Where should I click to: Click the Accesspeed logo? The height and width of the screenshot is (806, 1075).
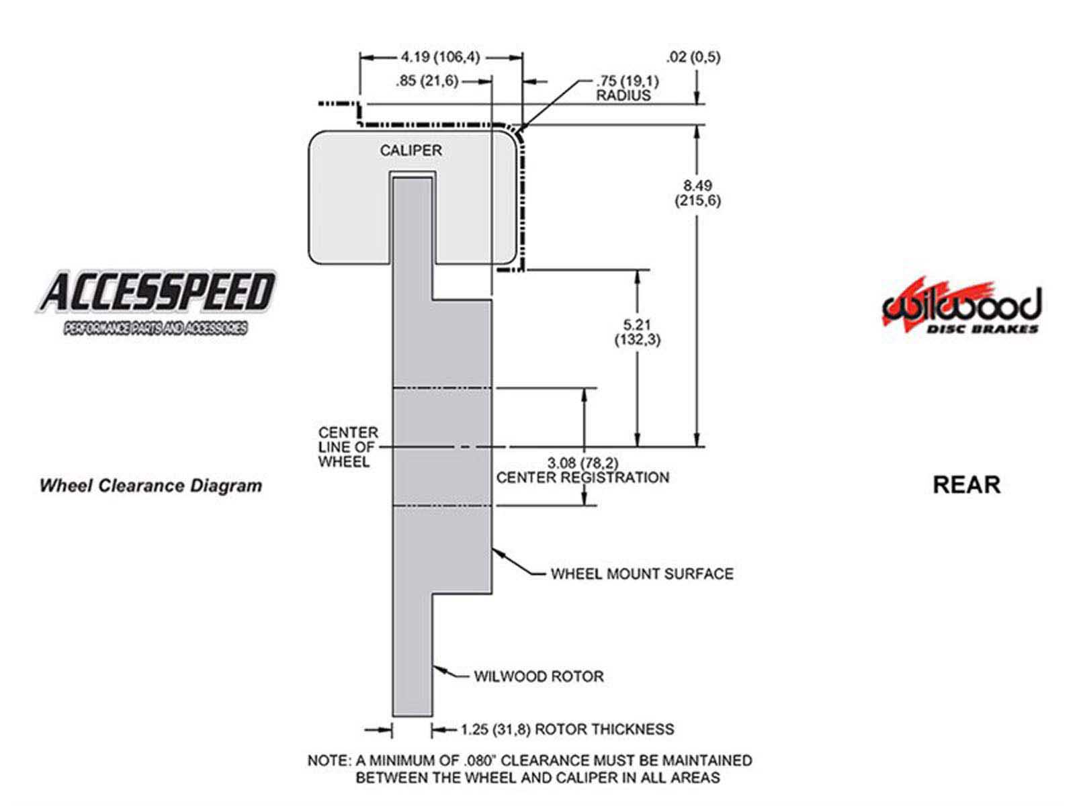click(x=156, y=301)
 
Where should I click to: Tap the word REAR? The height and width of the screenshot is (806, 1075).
click(x=966, y=484)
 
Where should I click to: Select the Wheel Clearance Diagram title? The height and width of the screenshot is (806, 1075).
click(x=150, y=486)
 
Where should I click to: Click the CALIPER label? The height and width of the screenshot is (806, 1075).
click(x=411, y=150)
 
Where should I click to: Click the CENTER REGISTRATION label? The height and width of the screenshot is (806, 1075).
click(x=583, y=478)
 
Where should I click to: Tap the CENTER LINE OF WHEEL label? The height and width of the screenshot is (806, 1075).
click(x=348, y=447)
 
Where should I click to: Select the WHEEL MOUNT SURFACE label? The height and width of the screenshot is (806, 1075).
click(x=642, y=574)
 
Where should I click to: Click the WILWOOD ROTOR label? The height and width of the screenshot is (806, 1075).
click(x=538, y=676)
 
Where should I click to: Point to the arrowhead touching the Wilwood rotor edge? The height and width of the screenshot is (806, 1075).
click(x=439, y=668)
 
